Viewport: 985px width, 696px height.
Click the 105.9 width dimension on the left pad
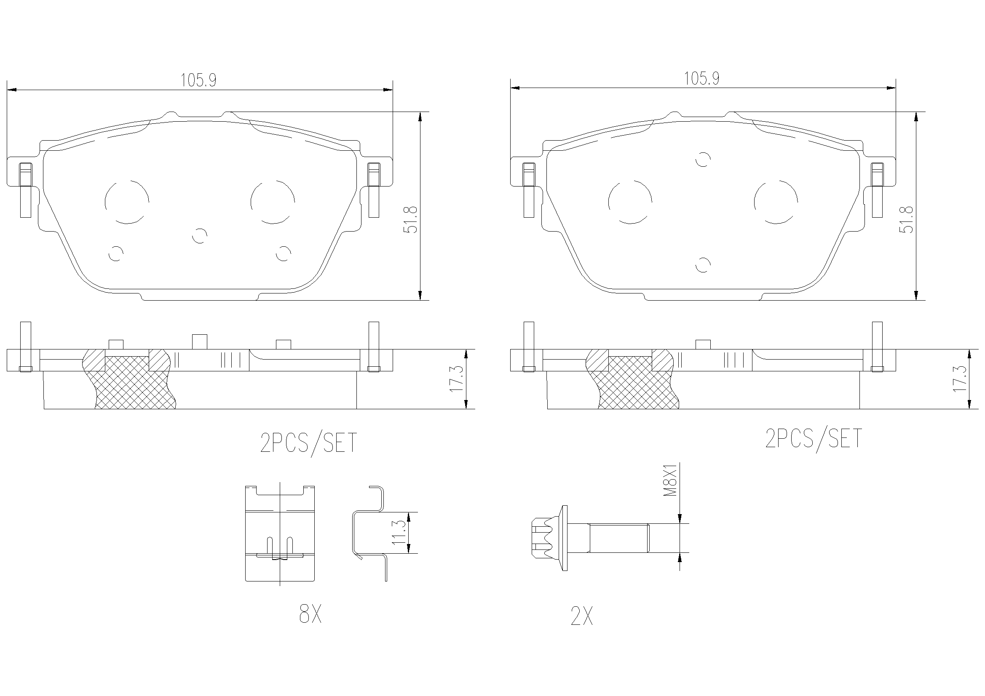(198, 80)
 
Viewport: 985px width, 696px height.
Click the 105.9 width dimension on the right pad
(701, 78)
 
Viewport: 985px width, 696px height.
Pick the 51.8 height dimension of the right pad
(907, 219)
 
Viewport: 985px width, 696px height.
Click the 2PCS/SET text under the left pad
(309, 443)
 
